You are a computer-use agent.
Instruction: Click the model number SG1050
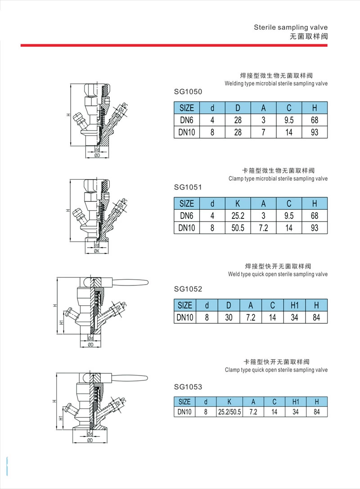point(188,92)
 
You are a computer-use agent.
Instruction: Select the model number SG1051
point(188,187)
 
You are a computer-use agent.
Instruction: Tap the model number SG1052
point(188,289)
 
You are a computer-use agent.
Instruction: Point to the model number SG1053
point(188,386)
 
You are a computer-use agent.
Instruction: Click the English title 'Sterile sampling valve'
point(290,27)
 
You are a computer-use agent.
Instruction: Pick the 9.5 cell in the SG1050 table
point(289,120)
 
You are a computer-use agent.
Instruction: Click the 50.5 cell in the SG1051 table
point(238,228)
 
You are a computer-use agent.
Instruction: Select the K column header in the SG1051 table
point(238,204)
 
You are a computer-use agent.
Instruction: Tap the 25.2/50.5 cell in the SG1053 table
point(229,412)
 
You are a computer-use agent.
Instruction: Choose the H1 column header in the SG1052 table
point(295,305)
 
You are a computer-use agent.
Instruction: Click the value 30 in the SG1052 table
point(229,317)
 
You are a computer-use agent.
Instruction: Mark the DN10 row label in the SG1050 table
point(186,132)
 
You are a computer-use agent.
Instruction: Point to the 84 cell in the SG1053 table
point(317,412)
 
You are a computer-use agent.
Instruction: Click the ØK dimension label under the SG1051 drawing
point(96,251)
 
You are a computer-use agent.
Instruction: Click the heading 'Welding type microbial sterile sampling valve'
point(276,83)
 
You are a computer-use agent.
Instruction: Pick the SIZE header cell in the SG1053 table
point(184,402)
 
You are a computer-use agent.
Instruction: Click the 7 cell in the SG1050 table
point(264,132)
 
